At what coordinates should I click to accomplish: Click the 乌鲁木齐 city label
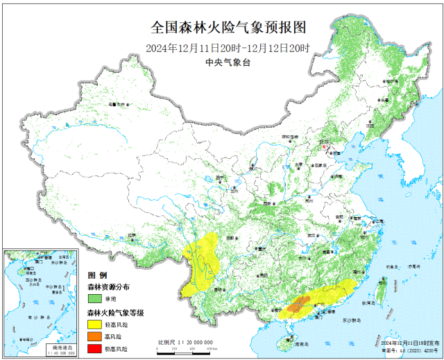[111, 104]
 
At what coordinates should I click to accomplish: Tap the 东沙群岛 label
[352, 321]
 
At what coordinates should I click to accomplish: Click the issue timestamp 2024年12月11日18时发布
[409, 344]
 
